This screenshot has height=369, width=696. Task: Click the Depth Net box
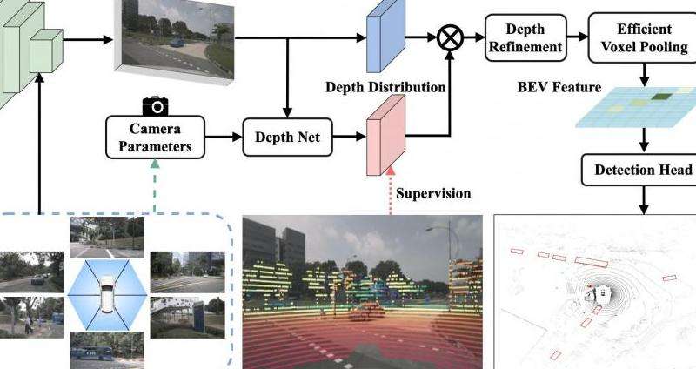pyautogui.click(x=287, y=138)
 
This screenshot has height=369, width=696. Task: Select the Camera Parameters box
pyautogui.click(x=155, y=138)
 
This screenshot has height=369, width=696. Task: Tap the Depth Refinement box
pyautogui.click(x=525, y=37)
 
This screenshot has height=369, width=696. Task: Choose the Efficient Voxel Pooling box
pyautogui.click(x=643, y=37)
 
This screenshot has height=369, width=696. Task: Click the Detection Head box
pyautogui.click(x=639, y=170)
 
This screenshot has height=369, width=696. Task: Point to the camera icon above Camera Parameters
pyautogui.click(x=155, y=106)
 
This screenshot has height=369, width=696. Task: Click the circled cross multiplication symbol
pyautogui.click(x=450, y=37)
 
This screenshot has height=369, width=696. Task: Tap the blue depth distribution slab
pyautogui.click(x=385, y=37)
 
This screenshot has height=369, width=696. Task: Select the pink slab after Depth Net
pyautogui.click(x=385, y=135)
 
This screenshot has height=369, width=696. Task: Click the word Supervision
pyautogui.click(x=433, y=193)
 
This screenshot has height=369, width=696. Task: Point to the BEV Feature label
pyautogui.click(x=559, y=86)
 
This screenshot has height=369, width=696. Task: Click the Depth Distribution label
pyautogui.click(x=385, y=86)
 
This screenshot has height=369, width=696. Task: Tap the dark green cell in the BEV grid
pyautogui.click(x=660, y=96)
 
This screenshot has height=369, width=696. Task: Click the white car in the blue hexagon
pyautogui.click(x=107, y=293)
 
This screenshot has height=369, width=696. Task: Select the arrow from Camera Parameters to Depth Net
pyautogui.click(x=224, y=137)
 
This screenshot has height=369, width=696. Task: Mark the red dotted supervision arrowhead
pyautogui.click(x=391, y=171)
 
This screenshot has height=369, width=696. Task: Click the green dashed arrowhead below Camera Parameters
pyautogui.click(x=155, y=164)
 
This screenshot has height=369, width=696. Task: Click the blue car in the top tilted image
pyautogui.click(x=177, y=42)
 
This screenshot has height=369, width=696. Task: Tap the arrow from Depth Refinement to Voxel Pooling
pyautogui.click(x=578, y=37)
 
